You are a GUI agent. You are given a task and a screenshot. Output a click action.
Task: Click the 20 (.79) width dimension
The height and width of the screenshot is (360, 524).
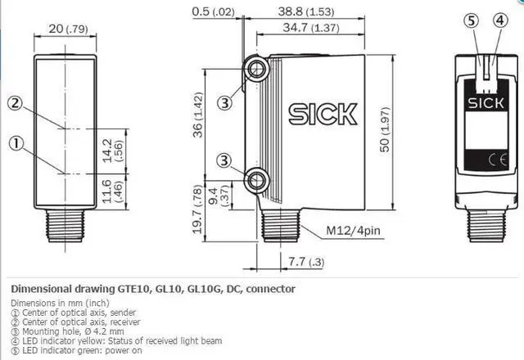coord(68,29)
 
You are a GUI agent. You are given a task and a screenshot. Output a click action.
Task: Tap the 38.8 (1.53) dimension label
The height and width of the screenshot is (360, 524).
coord(305,11)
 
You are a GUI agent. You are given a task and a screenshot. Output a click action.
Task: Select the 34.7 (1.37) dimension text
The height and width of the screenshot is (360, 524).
coord(311,27)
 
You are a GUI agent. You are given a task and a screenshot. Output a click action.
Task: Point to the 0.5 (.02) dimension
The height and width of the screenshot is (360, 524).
coord(213,11)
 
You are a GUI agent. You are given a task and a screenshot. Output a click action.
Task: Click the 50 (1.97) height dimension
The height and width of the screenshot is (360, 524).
coord(385,129)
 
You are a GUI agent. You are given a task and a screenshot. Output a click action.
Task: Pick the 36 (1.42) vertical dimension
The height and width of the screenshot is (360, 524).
coord(198,115)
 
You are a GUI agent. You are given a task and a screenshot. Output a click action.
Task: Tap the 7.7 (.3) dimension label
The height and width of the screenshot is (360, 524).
coord(306,262)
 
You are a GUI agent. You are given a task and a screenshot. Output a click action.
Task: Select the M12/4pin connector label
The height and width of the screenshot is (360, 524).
coord(353,231)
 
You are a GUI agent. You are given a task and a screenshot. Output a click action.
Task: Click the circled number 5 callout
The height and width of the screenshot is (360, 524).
coord(472,20)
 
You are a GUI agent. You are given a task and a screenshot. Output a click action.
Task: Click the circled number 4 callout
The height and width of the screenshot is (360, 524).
coord(500,20)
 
